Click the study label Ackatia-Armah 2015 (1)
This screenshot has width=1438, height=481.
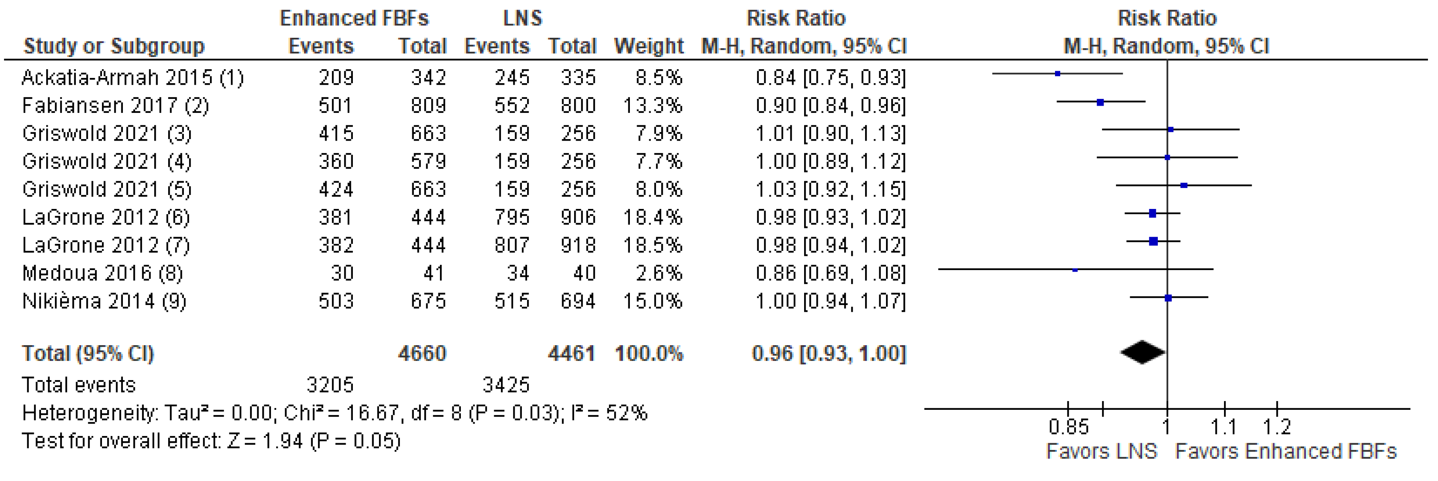[133, 77]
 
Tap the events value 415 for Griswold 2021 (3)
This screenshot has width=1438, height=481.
[336, 133]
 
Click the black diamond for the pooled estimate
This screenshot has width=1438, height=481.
[1143, 352]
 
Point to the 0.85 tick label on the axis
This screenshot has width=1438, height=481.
[1068, 427]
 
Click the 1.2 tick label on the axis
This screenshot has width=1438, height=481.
[1277, 427]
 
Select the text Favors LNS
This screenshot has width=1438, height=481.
[1102, 451]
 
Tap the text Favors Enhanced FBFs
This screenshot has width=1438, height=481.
[1285, 451]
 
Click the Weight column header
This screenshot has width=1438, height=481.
[649, 46]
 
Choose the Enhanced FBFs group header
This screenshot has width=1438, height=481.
[354, 18]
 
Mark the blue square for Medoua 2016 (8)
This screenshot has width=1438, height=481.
[1075, 270]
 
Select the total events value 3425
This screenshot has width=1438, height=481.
[506, 385]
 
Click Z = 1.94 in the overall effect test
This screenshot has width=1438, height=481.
[264, 441]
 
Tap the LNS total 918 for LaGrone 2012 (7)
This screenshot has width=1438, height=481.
[578, 245]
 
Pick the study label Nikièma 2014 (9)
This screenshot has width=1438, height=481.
[104, 301]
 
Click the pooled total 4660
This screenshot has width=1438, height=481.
[422, 353]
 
